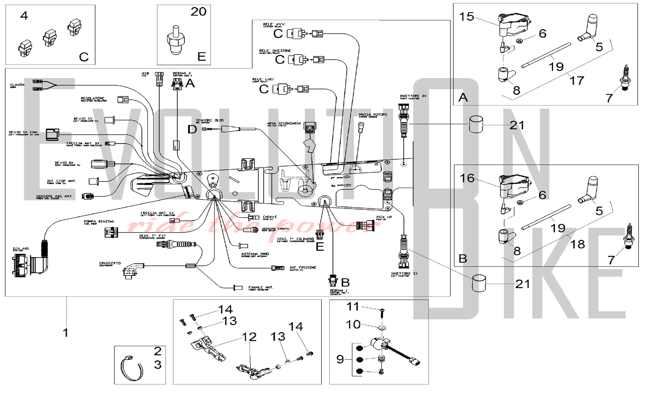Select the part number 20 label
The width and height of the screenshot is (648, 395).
point(198,12)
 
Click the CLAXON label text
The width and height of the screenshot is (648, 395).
point(17,85)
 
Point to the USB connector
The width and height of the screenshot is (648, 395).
point(159,79)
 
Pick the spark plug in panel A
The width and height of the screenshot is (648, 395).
point(625,78)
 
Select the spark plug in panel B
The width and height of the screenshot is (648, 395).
point(629,236)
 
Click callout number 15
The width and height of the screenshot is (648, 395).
point(467,17)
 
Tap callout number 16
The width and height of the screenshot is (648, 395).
point(467,178)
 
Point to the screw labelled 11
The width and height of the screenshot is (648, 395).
point(382,312)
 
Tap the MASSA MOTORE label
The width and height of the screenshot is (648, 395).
point(373,115)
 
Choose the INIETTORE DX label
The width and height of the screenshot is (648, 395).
point(413,96)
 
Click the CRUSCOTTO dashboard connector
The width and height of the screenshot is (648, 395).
point(133,269)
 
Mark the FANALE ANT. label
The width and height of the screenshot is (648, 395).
point(261,288)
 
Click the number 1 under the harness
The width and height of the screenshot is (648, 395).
point(66,332)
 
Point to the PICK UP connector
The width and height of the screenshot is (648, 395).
point(365,225)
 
